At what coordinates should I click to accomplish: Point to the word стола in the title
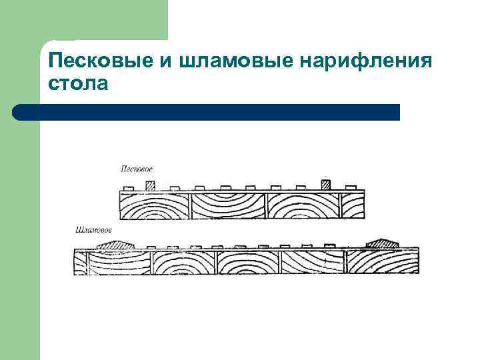[x=78, y=85]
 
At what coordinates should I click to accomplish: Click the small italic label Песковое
[x=137, y=169]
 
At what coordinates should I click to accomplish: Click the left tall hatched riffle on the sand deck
[x=150, y=184]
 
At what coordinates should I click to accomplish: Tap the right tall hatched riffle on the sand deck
[x=326, y=184]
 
